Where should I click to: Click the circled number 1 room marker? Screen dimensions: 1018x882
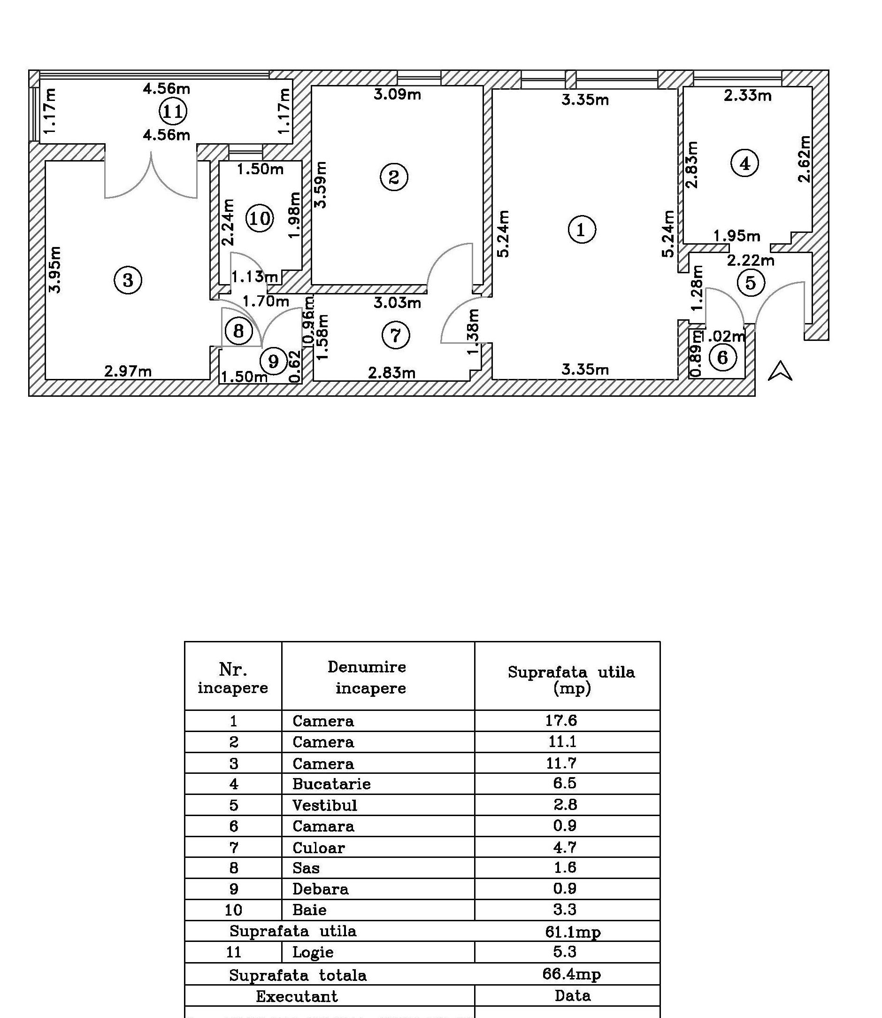click(x=582, y=230)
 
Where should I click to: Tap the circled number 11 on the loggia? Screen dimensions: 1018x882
click(x=173, y=111)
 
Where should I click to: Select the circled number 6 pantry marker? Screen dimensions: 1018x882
click(x=722, y=357)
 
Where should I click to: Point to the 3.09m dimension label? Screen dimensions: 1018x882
click(x=397, y=94)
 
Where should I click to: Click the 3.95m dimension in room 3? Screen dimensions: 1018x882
click(x=55, y=270)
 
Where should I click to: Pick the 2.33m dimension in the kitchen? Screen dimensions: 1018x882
click(x=747, y=95)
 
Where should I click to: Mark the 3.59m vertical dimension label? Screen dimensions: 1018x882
click(x=321, y=185)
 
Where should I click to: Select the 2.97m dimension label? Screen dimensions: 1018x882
click(x=128, y=370)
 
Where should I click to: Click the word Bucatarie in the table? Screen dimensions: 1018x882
click(x=331, y=784)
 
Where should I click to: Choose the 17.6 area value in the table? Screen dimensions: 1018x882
click(x=561, y=721)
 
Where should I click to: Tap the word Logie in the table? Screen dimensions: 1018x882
click(x=313, y=953)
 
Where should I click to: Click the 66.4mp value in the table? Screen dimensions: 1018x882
click(x=571, y=974)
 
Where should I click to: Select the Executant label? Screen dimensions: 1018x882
click(x=297, y=996)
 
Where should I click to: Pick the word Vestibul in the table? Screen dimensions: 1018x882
click(x=325, y=805)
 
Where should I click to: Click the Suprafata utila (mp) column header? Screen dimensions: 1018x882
click(x=571, y=679)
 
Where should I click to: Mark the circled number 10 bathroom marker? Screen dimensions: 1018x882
click(x=260, y=217)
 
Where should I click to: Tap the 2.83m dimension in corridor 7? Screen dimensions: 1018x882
click(x=392, y=373)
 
